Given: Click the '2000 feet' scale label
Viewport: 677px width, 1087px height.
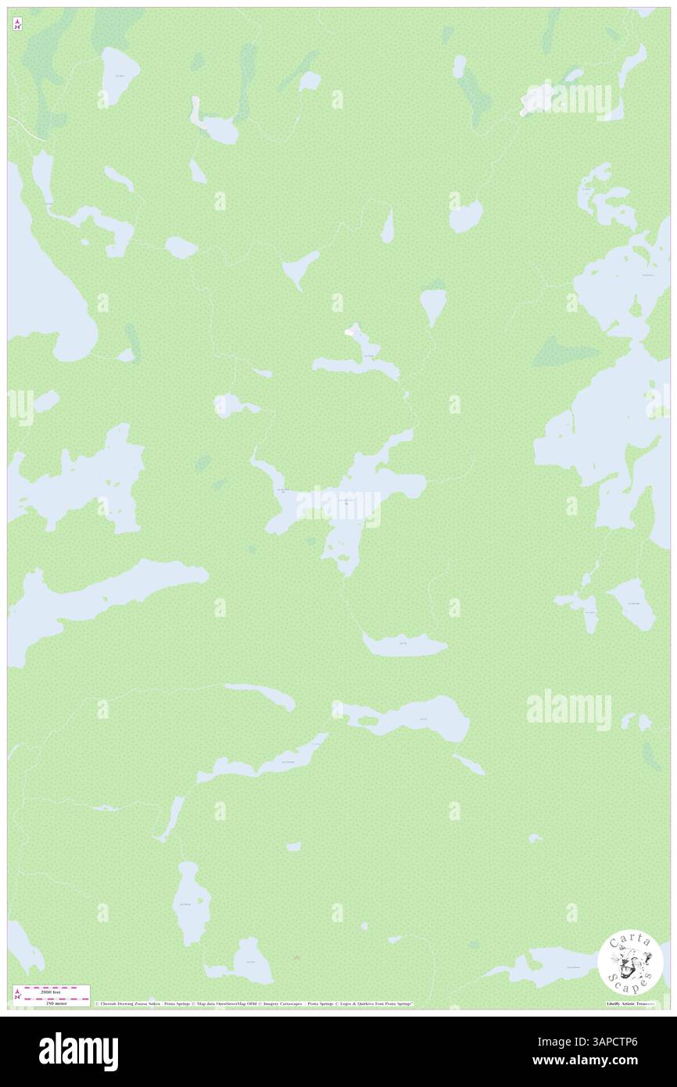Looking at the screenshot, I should [52, 988].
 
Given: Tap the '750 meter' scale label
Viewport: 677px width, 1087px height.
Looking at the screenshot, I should [52, 1003].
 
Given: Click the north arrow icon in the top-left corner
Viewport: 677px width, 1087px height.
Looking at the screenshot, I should [17, 24].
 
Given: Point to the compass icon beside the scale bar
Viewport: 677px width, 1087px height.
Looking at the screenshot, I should [17, 995].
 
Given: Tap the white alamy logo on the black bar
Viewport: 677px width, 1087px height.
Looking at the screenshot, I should [78, 1052].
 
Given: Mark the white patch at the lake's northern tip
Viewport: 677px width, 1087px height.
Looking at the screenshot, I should [349, 332].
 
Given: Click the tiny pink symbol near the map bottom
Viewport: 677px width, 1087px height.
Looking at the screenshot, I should [296, 957].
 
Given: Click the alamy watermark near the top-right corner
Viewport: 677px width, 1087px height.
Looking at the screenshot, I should [568, 99].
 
